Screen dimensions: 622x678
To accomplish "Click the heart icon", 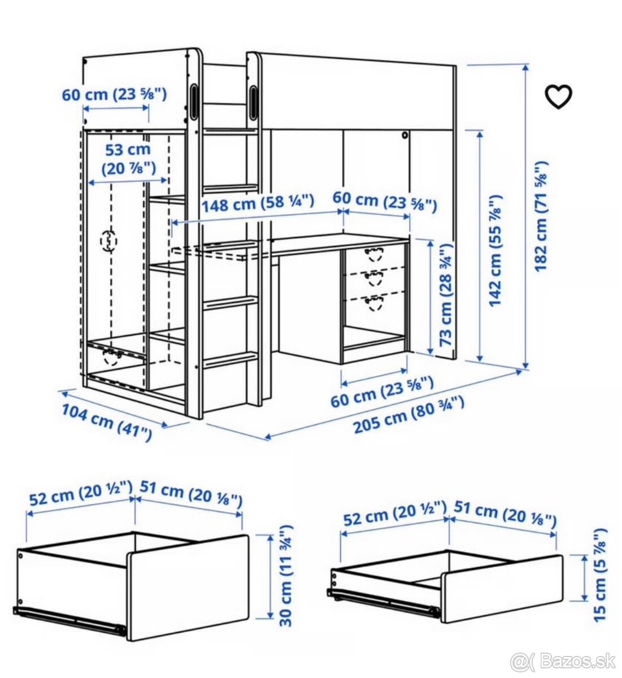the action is tap(559, 96).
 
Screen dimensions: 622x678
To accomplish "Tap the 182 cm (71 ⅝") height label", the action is tap(541, 216).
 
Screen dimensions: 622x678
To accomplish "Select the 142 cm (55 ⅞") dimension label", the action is tap(495, 251).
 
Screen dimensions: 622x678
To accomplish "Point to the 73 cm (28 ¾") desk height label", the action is tap(446, 294).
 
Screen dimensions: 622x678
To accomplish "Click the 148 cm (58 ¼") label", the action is tap(258, 203).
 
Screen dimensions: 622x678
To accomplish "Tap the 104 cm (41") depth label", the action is tap(106, 422).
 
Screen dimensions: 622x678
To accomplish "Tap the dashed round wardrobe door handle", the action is tap(109, 241).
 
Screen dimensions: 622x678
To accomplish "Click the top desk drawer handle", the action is tap(375, 254).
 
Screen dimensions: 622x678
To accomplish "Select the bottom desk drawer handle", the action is tap(375, 303).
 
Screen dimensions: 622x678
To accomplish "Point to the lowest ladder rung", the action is tap(230, 359).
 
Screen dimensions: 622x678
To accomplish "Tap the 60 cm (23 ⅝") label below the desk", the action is tap(382, 392).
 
